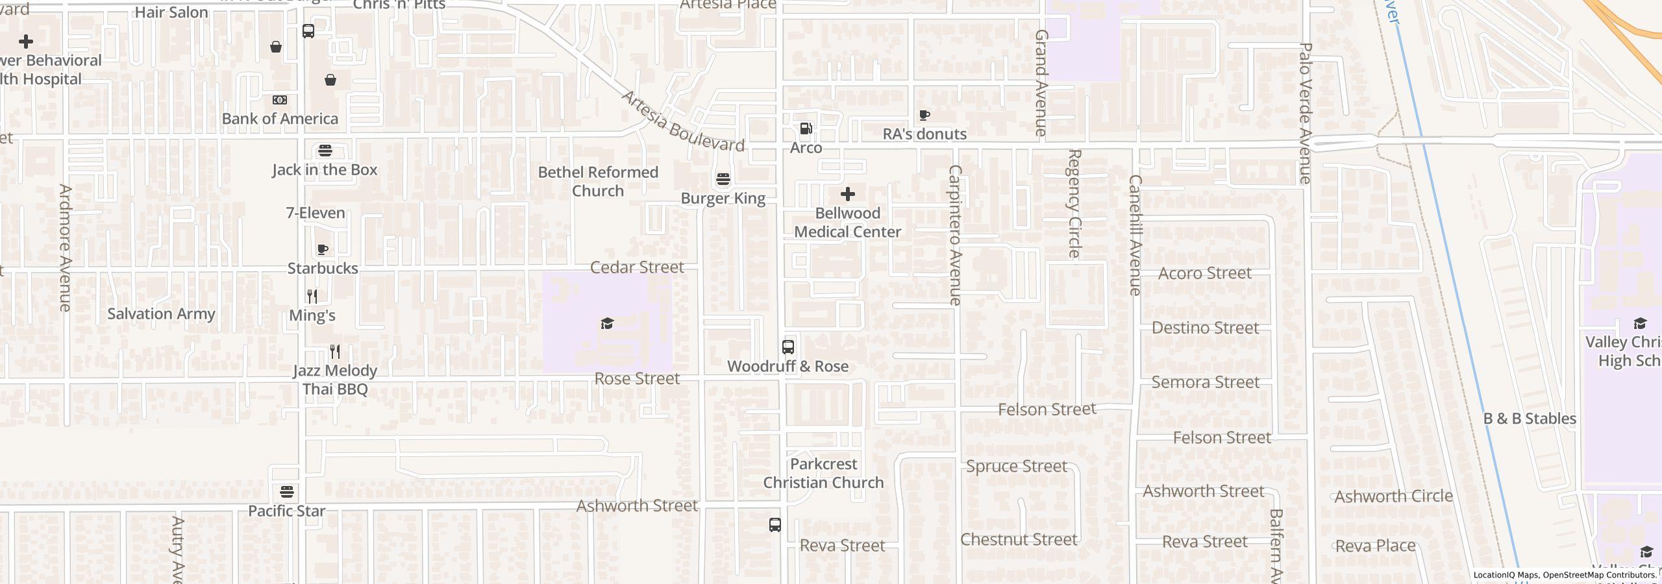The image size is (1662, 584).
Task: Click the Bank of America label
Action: [280, 119]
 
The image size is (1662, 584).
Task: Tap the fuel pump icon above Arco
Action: [806, 128]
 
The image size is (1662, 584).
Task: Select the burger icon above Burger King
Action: [723, 179]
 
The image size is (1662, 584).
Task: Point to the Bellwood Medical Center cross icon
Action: [847, 194]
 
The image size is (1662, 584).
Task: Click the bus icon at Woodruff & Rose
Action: [788, 347]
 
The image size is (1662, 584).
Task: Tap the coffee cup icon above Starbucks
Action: [323, 249]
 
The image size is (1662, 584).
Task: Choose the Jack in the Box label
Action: [325, 170]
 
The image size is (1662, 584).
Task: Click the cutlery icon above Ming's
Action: [312, 297]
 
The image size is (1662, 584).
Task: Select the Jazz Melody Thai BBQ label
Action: [335, 380]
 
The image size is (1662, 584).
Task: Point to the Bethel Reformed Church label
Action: [598, 182]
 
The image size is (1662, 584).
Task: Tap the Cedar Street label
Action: [637, 267]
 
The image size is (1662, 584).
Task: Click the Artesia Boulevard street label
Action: [682, 121]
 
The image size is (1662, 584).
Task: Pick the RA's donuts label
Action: [924, 134]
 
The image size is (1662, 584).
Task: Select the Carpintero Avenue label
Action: [954, 235]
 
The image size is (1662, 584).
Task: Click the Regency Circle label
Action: [1074, 203]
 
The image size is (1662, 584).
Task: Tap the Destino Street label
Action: [1205, 328]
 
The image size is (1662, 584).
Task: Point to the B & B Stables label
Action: [1530, 419]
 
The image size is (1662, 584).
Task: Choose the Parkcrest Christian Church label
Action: [823, 473]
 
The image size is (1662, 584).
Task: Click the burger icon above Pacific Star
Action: [287, 491]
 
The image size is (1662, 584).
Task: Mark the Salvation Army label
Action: [161, 314]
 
